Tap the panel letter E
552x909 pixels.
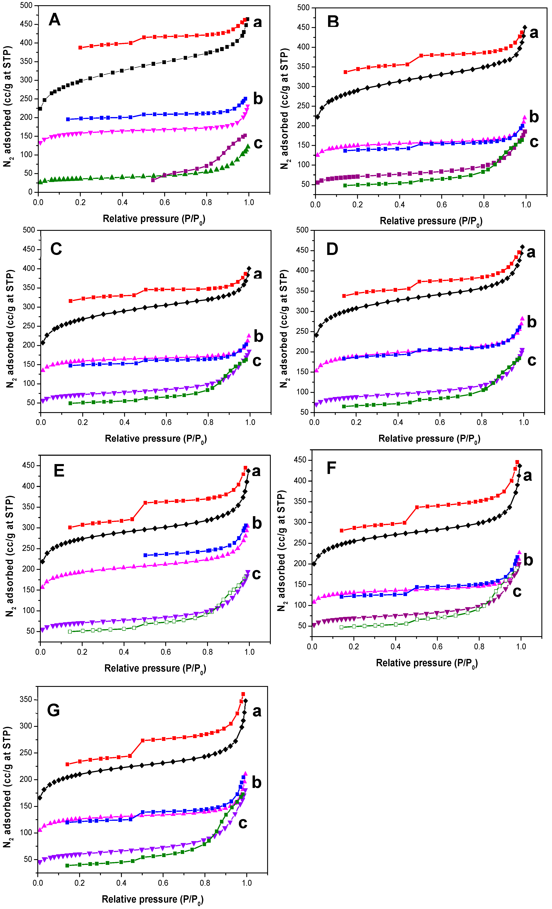[x=59, y=471]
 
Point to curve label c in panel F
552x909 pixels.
[x=517, y=592]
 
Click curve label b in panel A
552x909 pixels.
[x=258, y=99]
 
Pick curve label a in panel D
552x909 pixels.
[x=531, y=252]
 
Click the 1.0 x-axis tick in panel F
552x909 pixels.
[x=521, y=646]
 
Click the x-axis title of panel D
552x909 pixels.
[x=429, y=439]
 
